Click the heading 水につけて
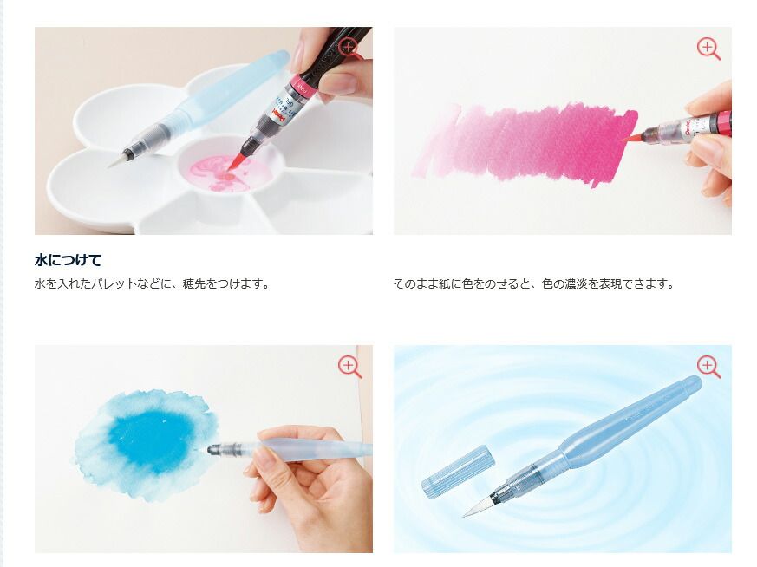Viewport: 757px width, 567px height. pos(69,260)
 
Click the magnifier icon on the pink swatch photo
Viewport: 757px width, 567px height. pos(708,49)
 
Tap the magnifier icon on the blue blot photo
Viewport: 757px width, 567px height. pos(349,367)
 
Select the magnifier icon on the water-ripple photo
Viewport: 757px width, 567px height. pos(708,367)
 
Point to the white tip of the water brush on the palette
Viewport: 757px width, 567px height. pos(117,160)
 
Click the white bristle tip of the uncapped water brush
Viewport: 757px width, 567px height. pos(477,506)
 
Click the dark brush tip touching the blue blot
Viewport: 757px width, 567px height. pos(214,450)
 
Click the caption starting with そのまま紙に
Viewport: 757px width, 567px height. pos(533,283)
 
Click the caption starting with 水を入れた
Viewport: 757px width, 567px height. pos(152,283)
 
